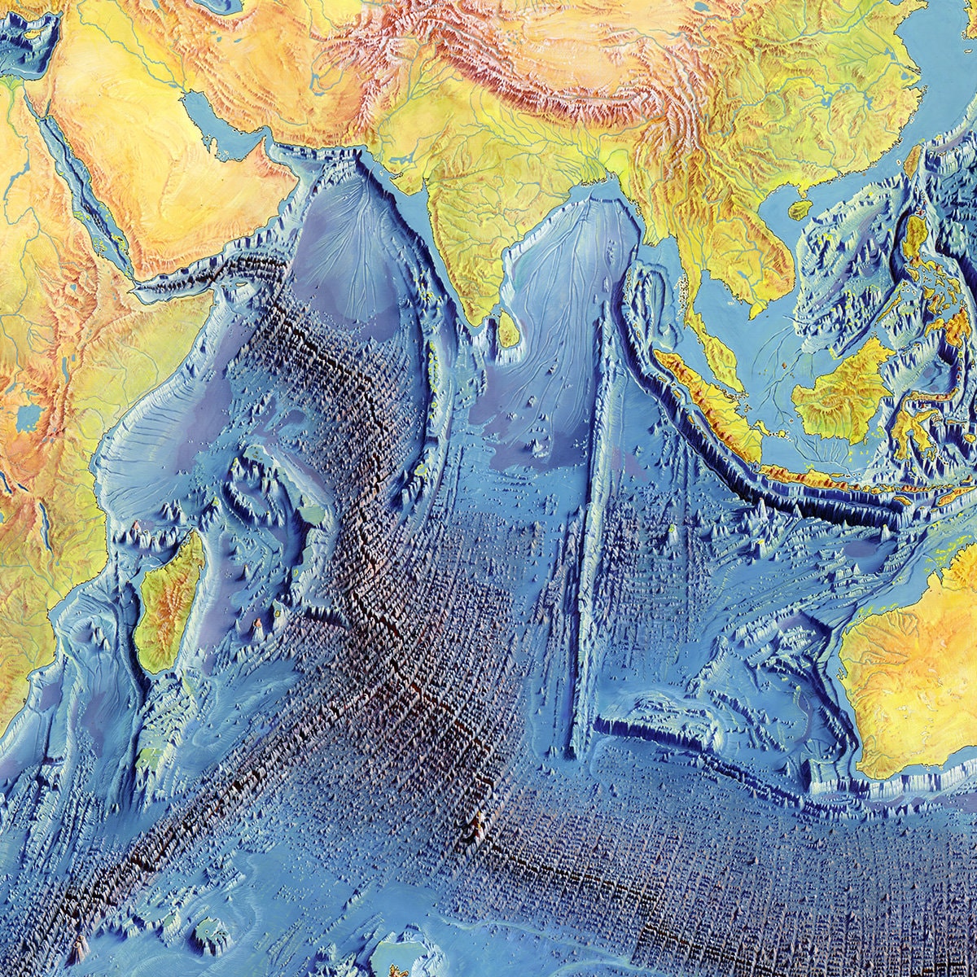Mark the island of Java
(814, 475)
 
